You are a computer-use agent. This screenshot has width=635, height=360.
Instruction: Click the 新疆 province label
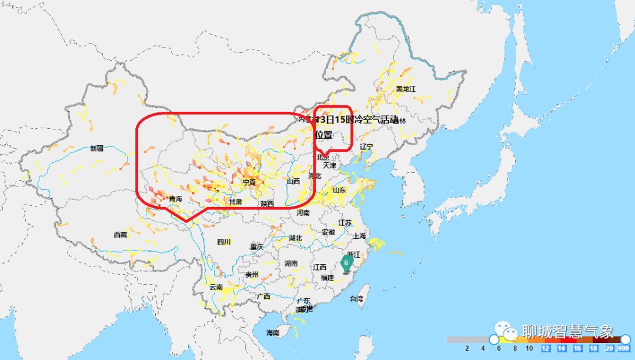pyautogui.click(x=96, y=149)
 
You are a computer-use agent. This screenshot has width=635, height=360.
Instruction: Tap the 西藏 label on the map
pyautogui.click(x=120, y=235)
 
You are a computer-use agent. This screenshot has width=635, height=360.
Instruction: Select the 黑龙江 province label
pyautogui.click(x=406, y=89)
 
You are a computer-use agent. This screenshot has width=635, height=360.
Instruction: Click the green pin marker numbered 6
pyautogui.click(x=346, y=263)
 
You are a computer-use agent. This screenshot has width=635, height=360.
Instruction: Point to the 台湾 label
pyautogui.click(x=356, y=299)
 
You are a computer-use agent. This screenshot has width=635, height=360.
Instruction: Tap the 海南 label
pyautogui.click(x=272, y=333)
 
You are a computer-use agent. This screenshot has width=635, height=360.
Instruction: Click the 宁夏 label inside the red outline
pyautogui.click(x=249, y=182)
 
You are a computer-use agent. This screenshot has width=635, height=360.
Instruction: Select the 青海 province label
pyautogui.click(x=175, y=199)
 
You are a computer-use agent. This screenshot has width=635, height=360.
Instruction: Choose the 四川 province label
pyautogui.click(x=223, y=242)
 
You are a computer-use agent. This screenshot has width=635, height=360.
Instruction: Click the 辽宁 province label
pyautogui.click(x=366, y=146)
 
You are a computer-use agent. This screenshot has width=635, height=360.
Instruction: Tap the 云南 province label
pyautogui.click(x=216, y=288)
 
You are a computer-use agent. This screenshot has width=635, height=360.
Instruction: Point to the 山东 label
pyautogui.click(x=339, y=190)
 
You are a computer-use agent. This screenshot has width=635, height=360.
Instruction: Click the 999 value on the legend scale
pyautogui.click(x=624, y=349)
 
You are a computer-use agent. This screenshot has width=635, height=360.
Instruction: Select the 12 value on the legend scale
pyautogui.click(x=546, y=349)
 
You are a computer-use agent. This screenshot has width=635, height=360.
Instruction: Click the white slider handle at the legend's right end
pyautogui.click(x=626, y=339)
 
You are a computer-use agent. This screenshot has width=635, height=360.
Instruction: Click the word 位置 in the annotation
pyautogui.click(x=323, y=134)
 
